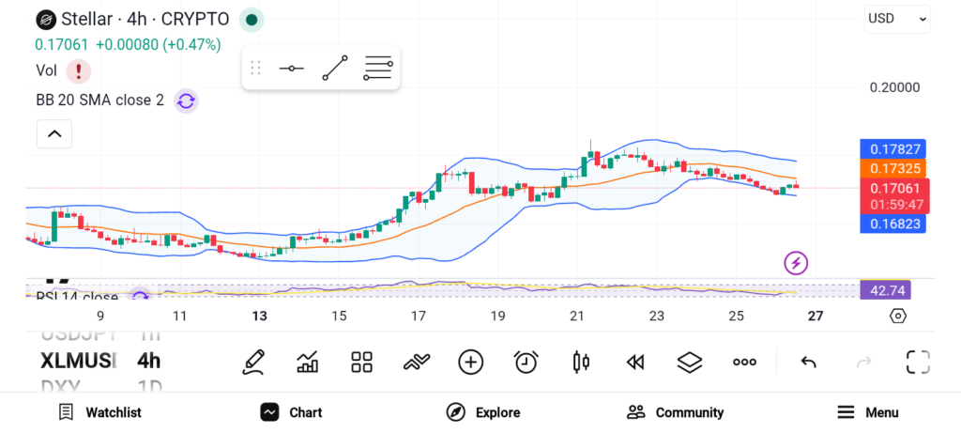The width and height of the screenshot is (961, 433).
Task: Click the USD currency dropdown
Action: click(x=897, y=18)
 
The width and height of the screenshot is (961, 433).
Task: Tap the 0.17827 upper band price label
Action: click(x=893, y=148)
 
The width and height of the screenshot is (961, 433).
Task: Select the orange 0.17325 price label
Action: click(x=893, y=168)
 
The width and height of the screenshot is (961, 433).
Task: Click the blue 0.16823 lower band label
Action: click(x=893, y=224)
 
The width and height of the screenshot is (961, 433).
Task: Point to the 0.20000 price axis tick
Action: click(x=894, y=87)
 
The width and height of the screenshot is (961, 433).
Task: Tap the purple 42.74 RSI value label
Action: click(x=886, y=290)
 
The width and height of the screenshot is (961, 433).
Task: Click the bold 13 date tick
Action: click(x=260, y=316)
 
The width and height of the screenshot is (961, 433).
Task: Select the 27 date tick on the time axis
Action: click(x=816, y=316)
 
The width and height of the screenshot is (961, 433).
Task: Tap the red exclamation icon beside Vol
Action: click(x=78, y=70)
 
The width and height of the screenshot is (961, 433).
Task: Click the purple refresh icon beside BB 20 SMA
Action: click(x=186, y=101)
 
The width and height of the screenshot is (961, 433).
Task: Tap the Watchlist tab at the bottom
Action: click(x=99, y=412)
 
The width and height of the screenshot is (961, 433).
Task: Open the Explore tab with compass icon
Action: click(x=483, y=412)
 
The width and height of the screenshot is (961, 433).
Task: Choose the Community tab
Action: click(x=675, y=412)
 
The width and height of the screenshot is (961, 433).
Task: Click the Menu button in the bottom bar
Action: click(x=868, y=412)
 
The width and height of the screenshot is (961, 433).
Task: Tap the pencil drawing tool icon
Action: click(x=252, y=362)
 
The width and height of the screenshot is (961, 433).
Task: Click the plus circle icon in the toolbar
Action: click(x=470, y=362)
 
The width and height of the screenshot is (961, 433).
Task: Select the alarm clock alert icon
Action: click(x=526, y=362)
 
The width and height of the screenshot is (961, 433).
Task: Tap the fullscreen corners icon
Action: click(x=917, y=362)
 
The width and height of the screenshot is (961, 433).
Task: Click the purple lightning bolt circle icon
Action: click(x=796, y=263)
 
